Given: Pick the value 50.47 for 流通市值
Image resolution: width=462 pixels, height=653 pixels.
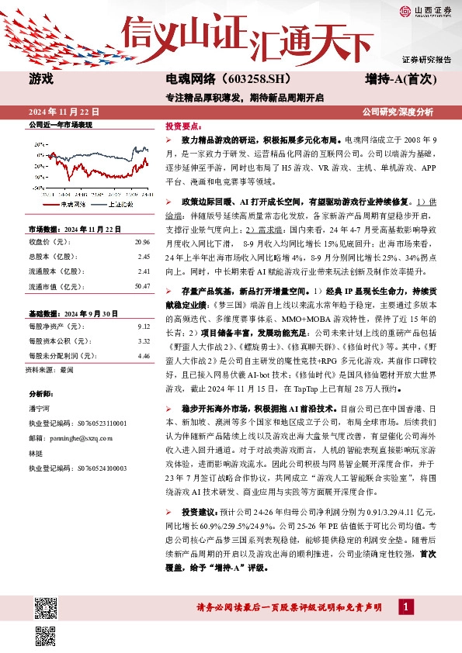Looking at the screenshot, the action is point(141,286).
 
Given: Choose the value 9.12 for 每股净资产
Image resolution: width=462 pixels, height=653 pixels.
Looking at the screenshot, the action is point(143,326).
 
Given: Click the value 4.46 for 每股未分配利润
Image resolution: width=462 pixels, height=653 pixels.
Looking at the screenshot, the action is point(143,356).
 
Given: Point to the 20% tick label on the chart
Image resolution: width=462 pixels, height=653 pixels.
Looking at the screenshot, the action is point(39,144).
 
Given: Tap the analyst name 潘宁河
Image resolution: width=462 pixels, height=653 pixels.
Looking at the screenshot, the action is point(39,409).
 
